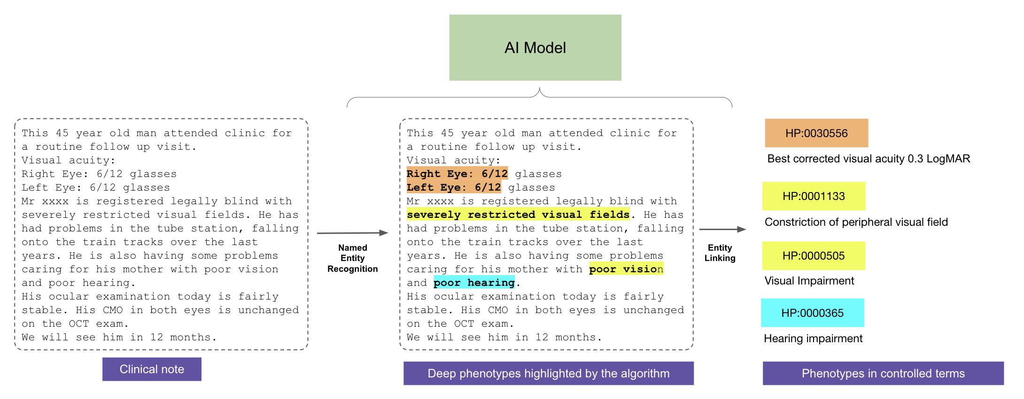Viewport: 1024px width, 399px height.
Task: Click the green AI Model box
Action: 535,47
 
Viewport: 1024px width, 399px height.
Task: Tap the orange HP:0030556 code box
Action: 816,133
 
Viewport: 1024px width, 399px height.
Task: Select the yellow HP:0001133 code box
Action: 814,196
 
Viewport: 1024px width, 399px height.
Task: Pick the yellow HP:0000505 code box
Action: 814,256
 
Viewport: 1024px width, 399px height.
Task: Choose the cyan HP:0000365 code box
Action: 812,313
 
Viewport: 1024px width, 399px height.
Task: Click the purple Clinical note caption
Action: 152,369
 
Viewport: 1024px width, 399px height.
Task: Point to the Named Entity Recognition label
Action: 352,258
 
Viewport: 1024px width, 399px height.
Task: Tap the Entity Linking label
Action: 720,253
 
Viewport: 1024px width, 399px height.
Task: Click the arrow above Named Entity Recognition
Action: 352,233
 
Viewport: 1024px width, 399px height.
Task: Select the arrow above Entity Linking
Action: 722,230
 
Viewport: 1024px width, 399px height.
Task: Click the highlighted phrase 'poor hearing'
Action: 474,283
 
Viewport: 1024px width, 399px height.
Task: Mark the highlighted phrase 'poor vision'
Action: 626,269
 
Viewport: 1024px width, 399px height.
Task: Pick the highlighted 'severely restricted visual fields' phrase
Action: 518,215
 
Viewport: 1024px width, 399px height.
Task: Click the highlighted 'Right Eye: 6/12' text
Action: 457,174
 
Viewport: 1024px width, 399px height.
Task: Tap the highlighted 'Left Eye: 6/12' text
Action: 454,187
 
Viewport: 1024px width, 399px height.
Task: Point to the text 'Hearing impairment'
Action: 813,338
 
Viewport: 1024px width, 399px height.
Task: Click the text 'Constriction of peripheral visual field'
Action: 856,222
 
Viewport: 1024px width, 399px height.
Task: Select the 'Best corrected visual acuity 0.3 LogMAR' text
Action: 869,159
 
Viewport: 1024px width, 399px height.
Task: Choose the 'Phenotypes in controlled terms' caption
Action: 883,374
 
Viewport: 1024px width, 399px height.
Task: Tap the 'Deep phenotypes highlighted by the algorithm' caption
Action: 548,374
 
